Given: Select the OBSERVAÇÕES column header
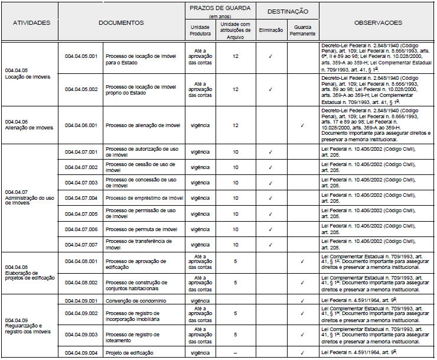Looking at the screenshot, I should click(x=378, y=22).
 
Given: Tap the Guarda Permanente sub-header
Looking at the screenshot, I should click(x=302, y=31).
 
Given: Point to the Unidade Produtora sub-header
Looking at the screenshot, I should click(x=200, y=31).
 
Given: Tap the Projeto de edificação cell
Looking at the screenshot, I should click(x=129, y=352).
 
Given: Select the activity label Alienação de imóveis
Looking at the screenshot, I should click(x=28, y=128).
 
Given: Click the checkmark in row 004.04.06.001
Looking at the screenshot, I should click(x=302, y=125).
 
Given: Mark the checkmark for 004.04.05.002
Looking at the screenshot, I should click(x=270, y=90).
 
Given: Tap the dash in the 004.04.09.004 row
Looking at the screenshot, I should click(x=236, y=352).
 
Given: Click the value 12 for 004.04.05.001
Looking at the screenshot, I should click(x=236, y=57).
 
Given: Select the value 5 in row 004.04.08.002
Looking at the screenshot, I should click(x=236, y=283).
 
